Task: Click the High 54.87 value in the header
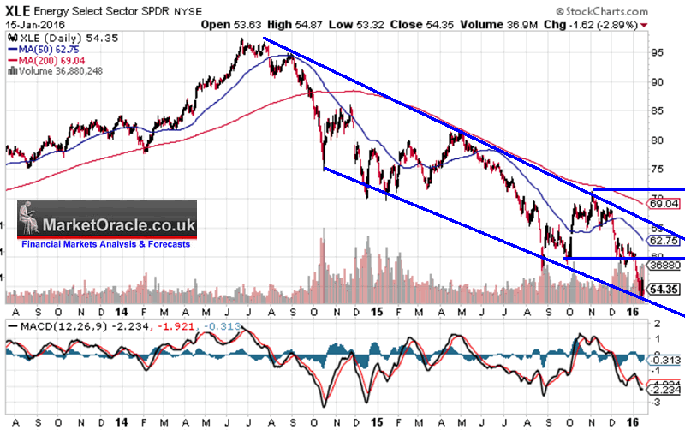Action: point(294,26)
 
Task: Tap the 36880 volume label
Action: point(664,266)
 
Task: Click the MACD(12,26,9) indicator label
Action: point(46,326)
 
